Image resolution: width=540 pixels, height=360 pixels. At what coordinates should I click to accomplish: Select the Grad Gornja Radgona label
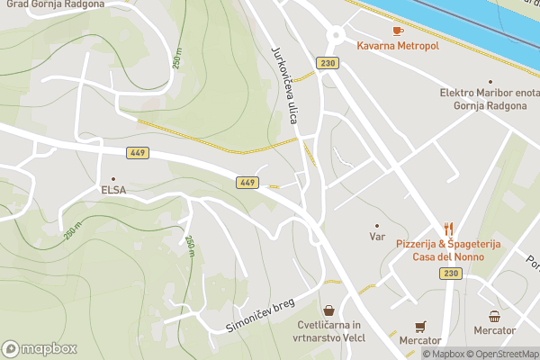click(54, 4)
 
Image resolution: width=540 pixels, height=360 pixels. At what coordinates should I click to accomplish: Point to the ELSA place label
click(113, 190)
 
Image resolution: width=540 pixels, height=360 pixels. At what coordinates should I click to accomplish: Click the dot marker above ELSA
click(113, 178)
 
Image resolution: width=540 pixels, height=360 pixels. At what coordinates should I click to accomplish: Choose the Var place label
click(377, 237)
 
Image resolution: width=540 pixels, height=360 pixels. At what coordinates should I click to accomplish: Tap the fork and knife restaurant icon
click(448, 229)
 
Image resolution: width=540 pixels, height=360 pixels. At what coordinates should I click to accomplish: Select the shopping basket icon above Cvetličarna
click(329, 310)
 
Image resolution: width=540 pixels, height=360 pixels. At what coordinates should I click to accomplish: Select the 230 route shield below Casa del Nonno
click(450, 273)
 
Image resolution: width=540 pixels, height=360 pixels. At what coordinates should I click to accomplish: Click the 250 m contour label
click(177, 56)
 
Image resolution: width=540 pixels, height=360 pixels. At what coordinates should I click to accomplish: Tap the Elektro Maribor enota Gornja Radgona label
click(487, 99)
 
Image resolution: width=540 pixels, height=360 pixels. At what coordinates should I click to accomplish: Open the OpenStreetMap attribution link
click(500, 354)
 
